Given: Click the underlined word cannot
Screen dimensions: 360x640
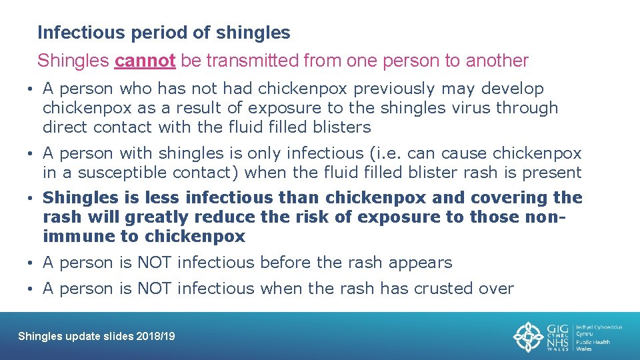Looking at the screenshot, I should (145, 61).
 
